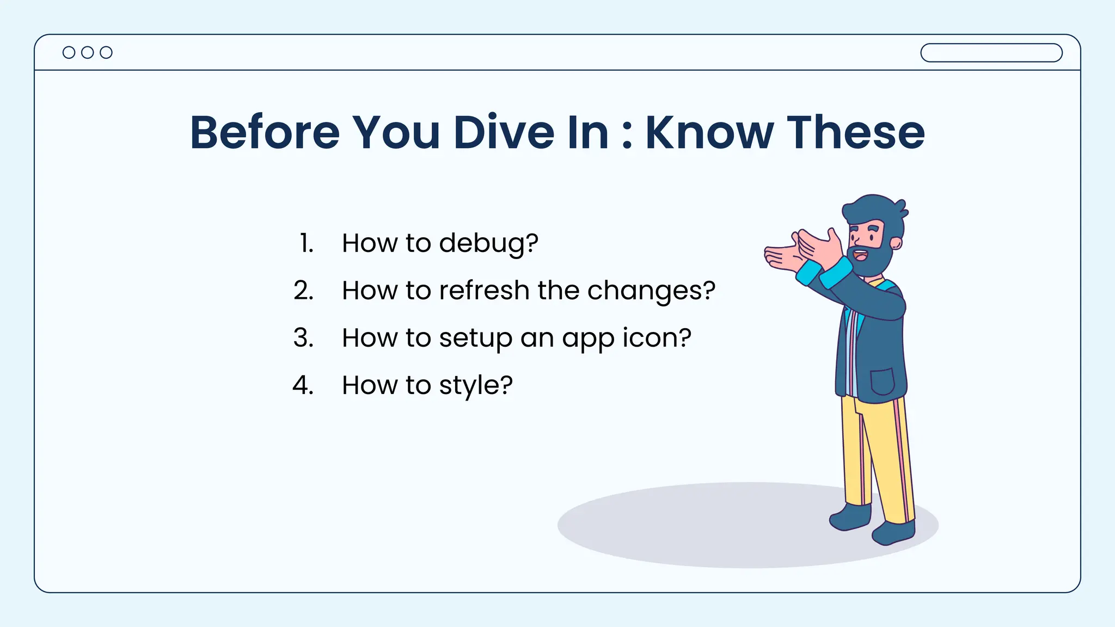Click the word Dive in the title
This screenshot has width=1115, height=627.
(x=504, y=132)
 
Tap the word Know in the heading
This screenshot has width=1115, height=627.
(x=709, y=132)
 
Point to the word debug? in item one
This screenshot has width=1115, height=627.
(x=488, y=243)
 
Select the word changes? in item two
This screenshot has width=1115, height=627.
(x=651, y=291)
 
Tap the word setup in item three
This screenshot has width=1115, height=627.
(x=475, y=339)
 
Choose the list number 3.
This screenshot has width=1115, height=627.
(x=303, y=338)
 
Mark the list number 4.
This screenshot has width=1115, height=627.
(x=303, y=385)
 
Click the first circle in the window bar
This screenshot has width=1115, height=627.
(x=69, y=52)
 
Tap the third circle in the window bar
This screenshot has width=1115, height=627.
(x=106, y=52)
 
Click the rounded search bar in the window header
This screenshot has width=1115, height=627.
(x=991, y=53)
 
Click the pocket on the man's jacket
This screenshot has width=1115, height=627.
(x=883, y=382)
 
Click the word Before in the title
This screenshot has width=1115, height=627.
(x=265, y=132)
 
